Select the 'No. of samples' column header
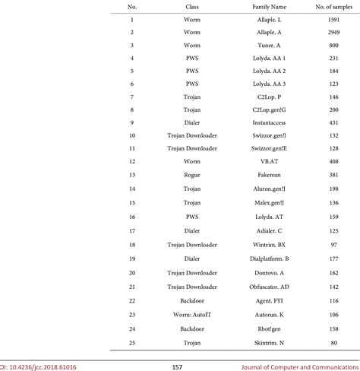click(329, 6)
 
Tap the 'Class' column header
click(192, 6)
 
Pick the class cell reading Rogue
click(192, 174)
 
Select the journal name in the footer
click(311, 366)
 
